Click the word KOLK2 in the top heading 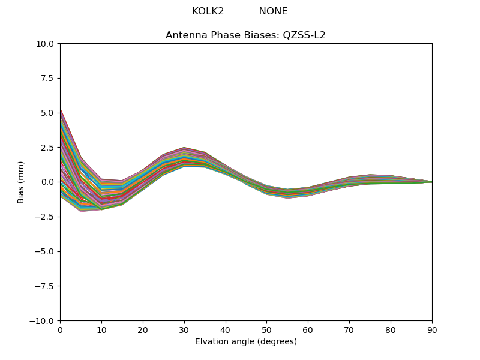208,11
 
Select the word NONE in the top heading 273,11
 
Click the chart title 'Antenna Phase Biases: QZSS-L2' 245,35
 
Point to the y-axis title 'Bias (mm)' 21,182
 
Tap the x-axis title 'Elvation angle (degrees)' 245,342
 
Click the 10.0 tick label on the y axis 46,44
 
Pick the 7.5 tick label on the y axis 48,78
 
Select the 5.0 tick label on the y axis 48,113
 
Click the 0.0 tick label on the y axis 48,182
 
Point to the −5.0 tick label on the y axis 46,251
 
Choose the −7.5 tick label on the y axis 46,286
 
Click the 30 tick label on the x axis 184,330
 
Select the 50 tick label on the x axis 266,330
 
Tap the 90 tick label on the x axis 432,330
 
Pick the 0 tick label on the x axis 60,330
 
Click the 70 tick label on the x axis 349,330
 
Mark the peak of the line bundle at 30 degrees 184,148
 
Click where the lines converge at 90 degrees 431,182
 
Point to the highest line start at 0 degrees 61,109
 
